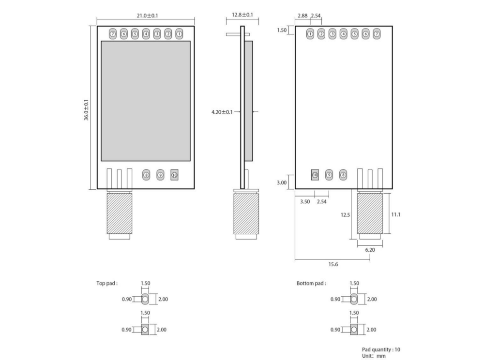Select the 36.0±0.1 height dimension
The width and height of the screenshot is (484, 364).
87,110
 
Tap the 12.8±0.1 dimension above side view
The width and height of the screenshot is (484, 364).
242,15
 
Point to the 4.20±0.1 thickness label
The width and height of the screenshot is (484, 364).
222,112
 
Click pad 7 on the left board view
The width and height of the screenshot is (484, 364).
112,34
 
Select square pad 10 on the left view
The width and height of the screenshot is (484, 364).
174,175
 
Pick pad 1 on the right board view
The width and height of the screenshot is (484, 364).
310,34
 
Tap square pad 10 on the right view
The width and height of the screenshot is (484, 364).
315,175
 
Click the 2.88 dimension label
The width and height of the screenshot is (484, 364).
302,16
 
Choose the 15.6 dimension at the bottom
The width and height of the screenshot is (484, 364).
333,264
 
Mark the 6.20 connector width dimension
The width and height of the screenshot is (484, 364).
370,250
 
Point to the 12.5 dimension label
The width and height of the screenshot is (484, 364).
344,214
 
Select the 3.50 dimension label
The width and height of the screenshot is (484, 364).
305,201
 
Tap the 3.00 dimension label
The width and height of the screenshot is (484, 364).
282,182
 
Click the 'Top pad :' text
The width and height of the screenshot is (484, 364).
107,283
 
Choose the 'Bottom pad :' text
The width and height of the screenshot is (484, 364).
311,283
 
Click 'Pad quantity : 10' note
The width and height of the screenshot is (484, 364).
381,349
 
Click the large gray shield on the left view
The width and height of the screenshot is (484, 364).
145,101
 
